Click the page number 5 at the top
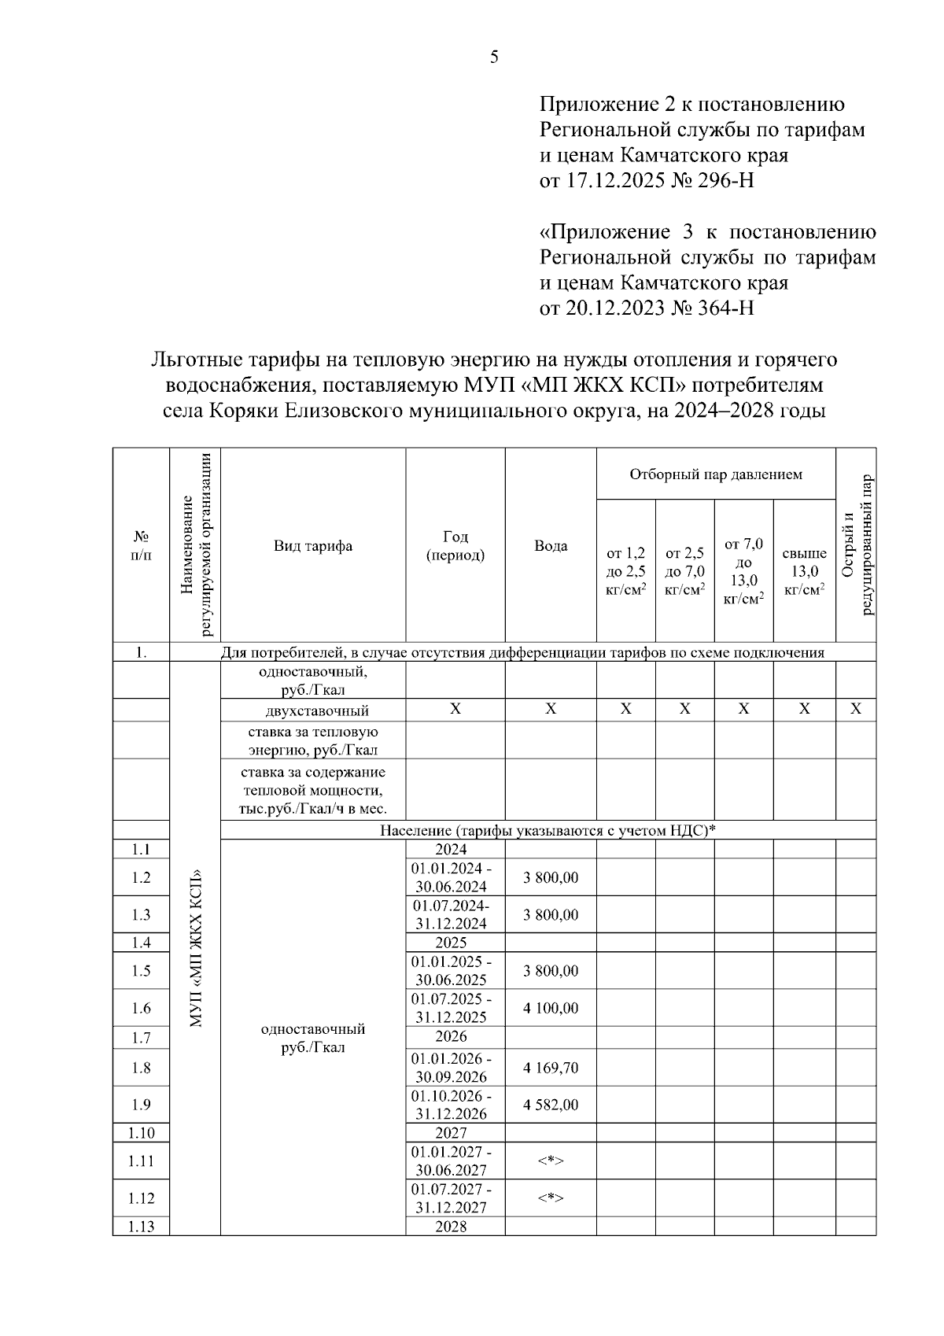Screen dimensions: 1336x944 494,57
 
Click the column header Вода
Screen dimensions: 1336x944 551,545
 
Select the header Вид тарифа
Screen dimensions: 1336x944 313,545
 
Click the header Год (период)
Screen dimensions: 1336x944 455,545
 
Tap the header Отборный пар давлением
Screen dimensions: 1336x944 716,474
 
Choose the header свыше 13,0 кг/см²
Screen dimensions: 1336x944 804,571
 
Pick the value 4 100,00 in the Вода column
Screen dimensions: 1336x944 551,1008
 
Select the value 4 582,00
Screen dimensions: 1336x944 551,1105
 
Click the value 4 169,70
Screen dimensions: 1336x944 551,1068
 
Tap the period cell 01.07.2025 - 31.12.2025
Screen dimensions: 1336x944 452,1008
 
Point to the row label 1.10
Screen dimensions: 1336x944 142,1133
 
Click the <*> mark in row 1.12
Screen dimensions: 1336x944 551,1198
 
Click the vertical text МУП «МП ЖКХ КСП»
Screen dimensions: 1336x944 196,948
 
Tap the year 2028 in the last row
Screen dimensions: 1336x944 452,1227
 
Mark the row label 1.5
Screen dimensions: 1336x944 142,971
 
